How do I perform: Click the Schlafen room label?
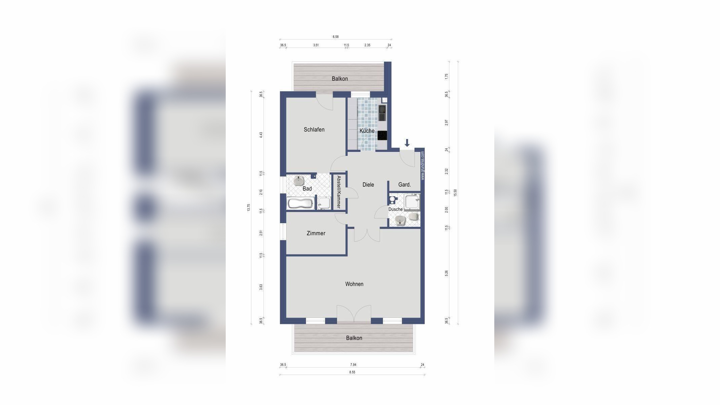[x=314, y=130]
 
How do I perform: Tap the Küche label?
[x=367, y=131]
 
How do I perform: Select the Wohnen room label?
[x=354, y=284]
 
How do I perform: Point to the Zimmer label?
[x=316, y=233]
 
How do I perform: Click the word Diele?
[x=368, y=185]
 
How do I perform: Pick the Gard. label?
[x=405, y=185]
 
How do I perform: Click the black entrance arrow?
[x=407, y=143]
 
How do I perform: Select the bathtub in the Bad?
[x=301, y=204]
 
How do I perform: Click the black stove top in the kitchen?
[x=382, y=135]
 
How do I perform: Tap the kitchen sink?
[x=382, y=113]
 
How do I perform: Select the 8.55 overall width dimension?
[x=352, y=372]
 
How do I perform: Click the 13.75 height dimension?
[x=249, y=208]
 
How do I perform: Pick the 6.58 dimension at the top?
[x=335, y=37]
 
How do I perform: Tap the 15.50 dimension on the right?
[x=455, y=193]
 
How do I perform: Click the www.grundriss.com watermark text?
[x=422, y=166]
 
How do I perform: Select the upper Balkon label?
[x=340, y=79]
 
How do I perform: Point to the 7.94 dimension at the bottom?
[x=353, y=364]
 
